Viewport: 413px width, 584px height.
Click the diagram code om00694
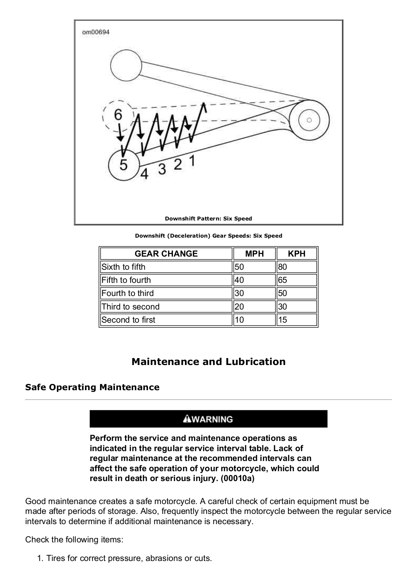coord(96,32)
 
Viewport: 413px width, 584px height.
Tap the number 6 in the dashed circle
coord(118,115)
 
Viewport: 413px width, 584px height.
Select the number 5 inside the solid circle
coord(124,165)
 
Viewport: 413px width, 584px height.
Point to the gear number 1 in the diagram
coord(192,161)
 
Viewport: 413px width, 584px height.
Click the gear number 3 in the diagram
coord(162,169)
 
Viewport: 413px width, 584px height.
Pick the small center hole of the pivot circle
coord(309,120)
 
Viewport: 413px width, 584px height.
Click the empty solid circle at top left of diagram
coord(126,66)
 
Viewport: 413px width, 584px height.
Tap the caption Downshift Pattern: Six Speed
coord(208,219)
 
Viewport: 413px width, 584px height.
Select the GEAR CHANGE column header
coord(166,254)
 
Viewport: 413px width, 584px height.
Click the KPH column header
coord(297,254)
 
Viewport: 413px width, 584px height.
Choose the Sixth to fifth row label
coord(123,267)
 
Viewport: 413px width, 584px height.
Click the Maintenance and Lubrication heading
coord(208,362)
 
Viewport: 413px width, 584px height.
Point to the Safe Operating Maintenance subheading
coord(92,387)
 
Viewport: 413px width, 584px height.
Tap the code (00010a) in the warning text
coord(238,479)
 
